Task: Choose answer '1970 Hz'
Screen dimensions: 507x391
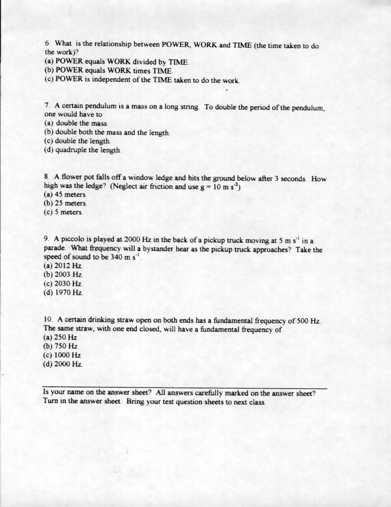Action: [68, 292]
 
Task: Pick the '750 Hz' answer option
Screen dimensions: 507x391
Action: [65, 346]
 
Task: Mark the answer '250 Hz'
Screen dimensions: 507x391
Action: [65, 337]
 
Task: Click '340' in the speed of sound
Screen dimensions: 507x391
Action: [114, 257]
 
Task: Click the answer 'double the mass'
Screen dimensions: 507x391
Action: [82, 123]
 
